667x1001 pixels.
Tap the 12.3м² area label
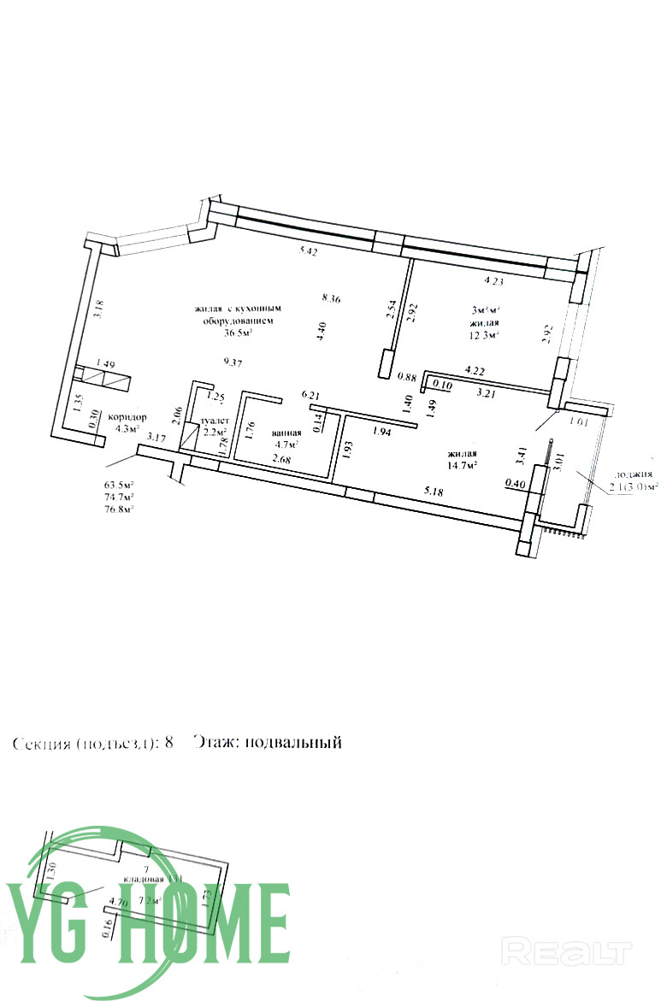(x=484, y=336)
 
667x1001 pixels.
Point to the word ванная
(x=286, y=433)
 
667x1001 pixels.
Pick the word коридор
(x=127, y=416)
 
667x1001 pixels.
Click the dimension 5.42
(x=308, y=251)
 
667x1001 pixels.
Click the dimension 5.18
(x=438, y=492)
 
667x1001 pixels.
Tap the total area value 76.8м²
(x=120, y=509)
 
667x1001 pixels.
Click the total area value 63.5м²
(x=120, y=484)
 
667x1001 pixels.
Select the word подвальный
(x=292, y=742)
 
